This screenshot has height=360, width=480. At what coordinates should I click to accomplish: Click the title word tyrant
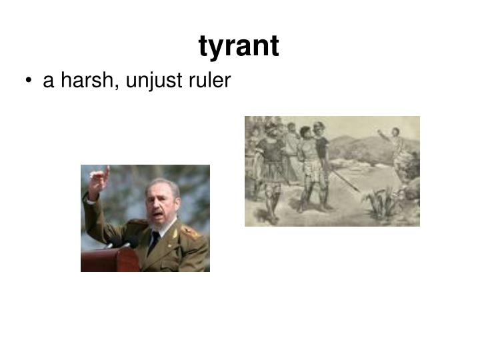[239, 46]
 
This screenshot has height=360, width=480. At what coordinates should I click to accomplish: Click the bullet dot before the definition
[31, 82]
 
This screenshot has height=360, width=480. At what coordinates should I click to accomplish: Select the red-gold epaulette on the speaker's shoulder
[190, 231]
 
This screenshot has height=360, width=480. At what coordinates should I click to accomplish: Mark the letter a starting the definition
[48, 82]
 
